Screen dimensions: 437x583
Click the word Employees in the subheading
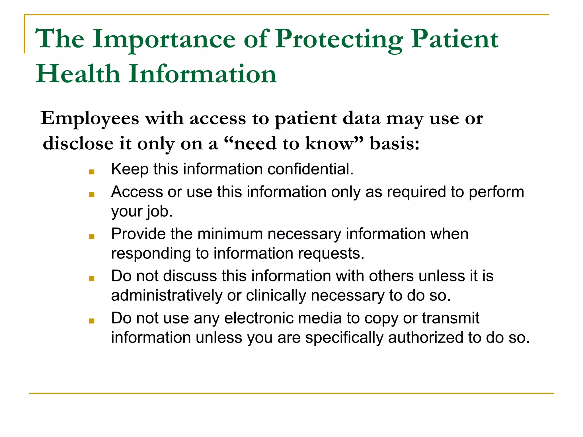[90, 118]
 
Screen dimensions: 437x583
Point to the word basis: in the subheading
[395, 143]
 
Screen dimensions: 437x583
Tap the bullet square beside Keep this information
[92, 172]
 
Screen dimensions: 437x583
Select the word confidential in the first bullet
[310, 169]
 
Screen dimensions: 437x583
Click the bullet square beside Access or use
[92, 195]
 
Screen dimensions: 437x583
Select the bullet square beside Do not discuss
[92, 279]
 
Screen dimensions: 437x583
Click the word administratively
[167, 296]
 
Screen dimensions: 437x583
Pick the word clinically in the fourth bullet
[276, 296]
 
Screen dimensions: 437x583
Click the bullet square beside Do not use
[92, 321]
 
